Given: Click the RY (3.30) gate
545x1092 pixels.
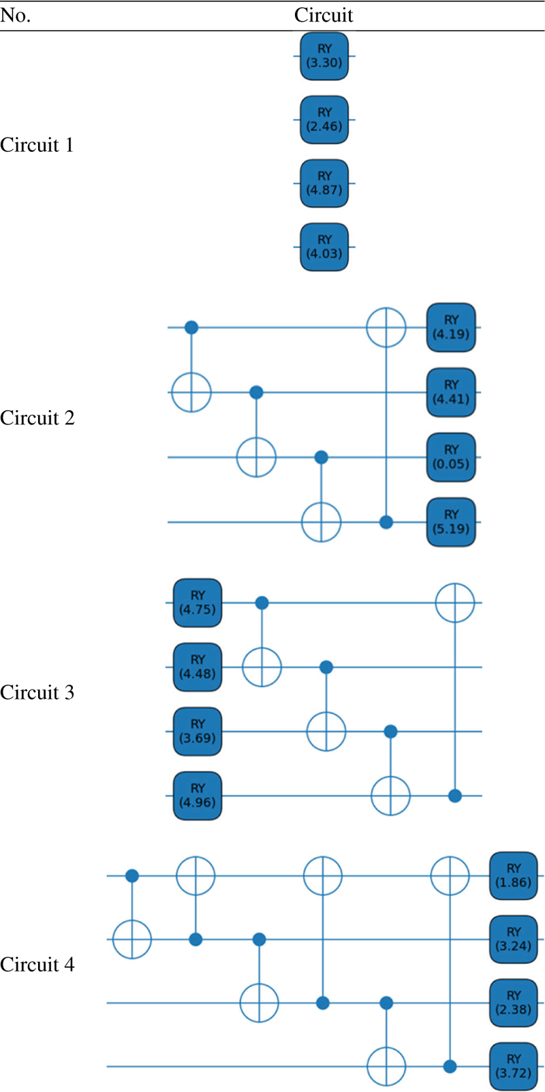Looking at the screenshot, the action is click(324, 56).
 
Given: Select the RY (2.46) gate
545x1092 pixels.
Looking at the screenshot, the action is click(324, 119).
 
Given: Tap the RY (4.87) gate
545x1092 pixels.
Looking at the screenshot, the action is click(324, 183).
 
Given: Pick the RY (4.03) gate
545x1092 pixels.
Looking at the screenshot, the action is click(324, 247).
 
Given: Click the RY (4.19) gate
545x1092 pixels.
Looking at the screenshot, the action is click(451, 327).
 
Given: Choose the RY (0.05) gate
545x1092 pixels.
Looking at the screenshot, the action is click(451, 457).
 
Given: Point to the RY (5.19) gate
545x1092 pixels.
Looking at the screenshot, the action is click(451, 522).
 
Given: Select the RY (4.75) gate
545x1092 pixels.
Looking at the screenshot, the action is click(198, 603).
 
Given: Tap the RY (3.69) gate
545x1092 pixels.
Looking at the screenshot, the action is click(198, 731).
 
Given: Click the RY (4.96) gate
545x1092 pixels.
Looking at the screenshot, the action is click(198, 796).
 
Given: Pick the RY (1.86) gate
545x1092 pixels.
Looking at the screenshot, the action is click(513, 875).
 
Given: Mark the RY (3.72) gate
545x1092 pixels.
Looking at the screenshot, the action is click(513, 1066).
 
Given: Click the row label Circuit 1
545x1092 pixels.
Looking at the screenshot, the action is click(37, 145).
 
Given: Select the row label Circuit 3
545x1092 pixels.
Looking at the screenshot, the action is click(37, 692).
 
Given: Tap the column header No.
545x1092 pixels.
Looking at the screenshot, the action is click(15, 16).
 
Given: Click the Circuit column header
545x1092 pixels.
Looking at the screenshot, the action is click(323, 15).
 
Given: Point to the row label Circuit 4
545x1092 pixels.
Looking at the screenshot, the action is click(37, 965).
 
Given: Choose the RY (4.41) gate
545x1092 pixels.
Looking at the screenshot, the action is click(451, 392).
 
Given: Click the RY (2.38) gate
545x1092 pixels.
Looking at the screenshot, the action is click(513, 1003).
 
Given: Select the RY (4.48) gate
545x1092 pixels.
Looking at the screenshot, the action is click(198, 667).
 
